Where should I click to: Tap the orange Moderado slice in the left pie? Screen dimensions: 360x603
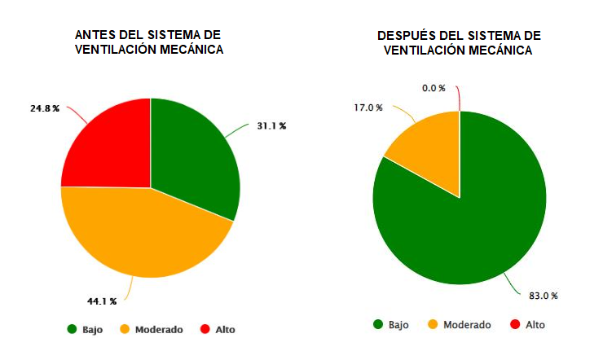pyautogui.click(x=139, y=232)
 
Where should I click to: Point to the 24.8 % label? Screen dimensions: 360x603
pyautogui.click(x=44, y=108)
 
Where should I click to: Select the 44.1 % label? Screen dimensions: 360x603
pyautogui.click(x=103, y=301)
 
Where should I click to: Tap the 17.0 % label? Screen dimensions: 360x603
pyautogui.click(x=368, y=108)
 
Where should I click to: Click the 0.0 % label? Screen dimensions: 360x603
pyautogui.click(x=434, y=88)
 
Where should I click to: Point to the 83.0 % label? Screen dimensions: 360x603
pyautogui.click(x=542, y=296)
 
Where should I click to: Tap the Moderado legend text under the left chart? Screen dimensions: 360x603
pyautogui.click(x=158, y=330)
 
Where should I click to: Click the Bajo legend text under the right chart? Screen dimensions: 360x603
pyautogui.click(x=398, y=325)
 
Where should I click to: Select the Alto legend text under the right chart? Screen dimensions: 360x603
pyautogui.click(x=535, y=325)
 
